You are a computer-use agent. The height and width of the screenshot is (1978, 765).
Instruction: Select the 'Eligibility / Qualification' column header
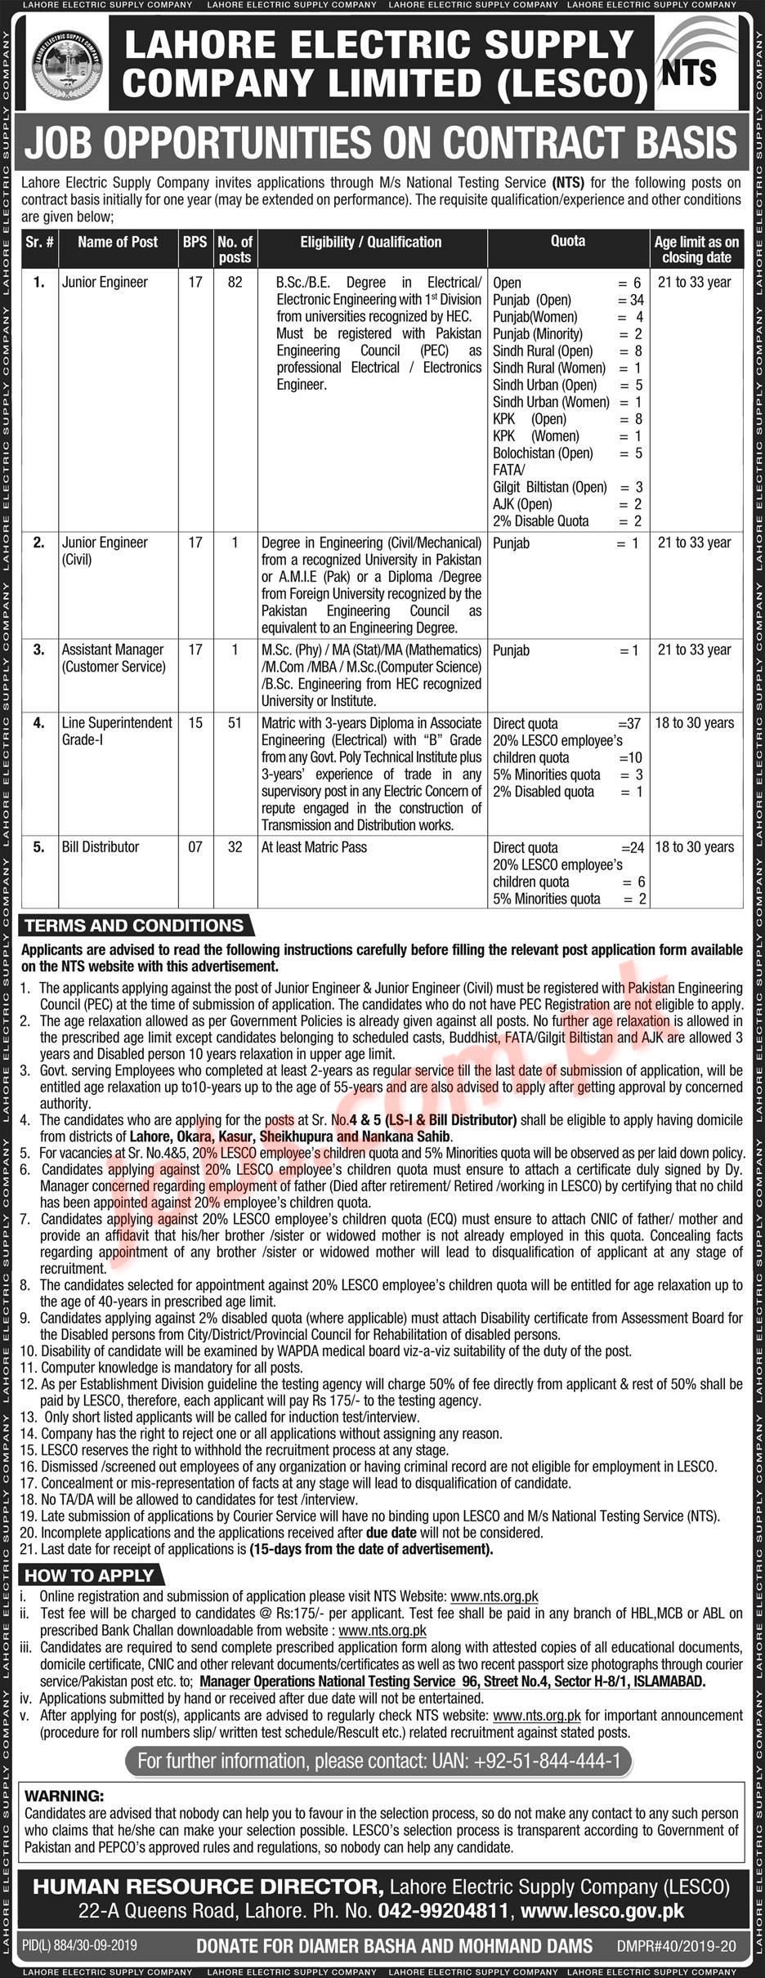(x=370, y=242)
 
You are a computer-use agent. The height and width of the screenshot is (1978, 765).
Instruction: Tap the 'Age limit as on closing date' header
(x=696, y=249)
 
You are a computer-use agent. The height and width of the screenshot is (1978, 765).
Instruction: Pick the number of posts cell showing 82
(x=235, y=282)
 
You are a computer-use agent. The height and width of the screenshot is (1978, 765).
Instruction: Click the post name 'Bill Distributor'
(x=101, y=846)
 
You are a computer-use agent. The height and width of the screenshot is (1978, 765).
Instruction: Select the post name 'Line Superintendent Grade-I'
(x=116, y=730)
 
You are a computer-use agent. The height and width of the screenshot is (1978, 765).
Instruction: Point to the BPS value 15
(x=195, y=723)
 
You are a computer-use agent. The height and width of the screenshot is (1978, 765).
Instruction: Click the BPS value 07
(x=195, y=846)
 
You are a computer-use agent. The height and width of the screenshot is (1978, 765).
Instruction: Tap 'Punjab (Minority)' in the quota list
(x=537, y=333)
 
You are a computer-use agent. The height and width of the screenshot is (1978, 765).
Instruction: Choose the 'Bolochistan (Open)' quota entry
(x=543, y=453)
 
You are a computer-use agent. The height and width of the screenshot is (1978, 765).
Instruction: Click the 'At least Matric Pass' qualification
(x=314, y=846)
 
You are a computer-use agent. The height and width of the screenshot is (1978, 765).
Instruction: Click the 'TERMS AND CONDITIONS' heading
(x=134, y=926)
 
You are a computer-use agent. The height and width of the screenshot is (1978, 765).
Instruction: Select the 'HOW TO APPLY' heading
(x=89, y=1576)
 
